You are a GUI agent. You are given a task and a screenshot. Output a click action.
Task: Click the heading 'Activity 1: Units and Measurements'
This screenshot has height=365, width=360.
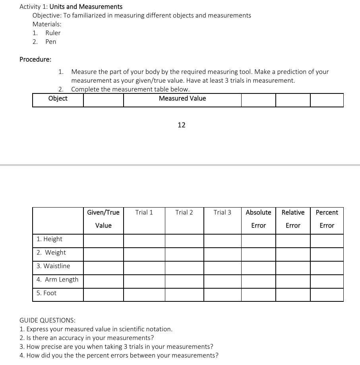(x=71, y=7)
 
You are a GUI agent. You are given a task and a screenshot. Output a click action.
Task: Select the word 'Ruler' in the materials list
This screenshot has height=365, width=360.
(x=53, y=33)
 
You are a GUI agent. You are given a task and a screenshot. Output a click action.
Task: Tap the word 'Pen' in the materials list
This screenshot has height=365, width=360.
(x=50, y=42)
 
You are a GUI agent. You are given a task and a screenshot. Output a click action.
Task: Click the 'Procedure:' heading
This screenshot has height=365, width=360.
(x=35, y=59)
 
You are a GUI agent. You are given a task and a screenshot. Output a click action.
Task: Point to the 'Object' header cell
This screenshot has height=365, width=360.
(x=58, y=99)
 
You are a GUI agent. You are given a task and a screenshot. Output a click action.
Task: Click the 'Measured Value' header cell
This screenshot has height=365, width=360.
(x=182, y=99)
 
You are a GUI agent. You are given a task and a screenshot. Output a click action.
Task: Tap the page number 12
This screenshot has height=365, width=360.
(x=182, y=125)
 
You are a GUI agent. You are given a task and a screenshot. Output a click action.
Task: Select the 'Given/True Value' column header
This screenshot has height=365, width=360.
(x=103, y=219)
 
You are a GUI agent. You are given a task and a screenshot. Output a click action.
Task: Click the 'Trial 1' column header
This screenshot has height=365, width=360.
(x=144, y=212)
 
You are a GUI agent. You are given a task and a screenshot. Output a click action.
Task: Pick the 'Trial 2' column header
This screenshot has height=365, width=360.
(x=184, y=212)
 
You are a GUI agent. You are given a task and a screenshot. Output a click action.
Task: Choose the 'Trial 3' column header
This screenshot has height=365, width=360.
(x=222, y=212)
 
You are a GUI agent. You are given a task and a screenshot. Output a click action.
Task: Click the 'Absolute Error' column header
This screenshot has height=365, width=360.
(x=258, y=219)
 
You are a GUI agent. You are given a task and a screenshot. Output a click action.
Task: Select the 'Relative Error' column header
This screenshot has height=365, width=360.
(x=293, y=219)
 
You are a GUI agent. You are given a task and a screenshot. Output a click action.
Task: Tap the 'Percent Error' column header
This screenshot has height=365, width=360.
(x=327, y=219)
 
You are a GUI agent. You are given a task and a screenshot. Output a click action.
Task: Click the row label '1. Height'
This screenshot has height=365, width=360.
(x=49, y=239)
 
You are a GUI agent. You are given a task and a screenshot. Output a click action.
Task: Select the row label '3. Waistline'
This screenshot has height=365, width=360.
(x=53, y=266)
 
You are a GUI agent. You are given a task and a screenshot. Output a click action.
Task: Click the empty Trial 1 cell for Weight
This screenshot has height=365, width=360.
(x=144, y=254)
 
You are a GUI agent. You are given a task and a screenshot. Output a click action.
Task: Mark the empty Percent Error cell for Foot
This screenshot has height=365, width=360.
(x=327, y=295)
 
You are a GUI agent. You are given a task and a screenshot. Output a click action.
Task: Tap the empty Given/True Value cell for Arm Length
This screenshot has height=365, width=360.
(x=103, y=281)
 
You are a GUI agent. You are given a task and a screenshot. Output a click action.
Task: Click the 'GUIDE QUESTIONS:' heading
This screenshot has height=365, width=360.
(x=47, y=320)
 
